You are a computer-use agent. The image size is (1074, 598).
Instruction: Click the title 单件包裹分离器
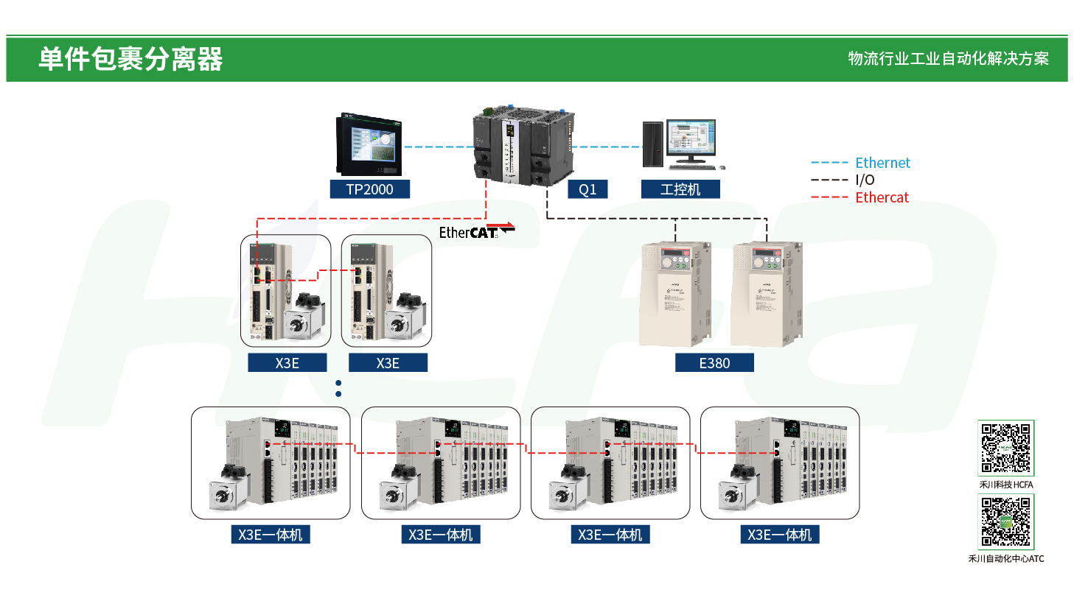coord(130,59)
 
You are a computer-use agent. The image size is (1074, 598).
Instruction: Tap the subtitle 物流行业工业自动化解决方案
coord(948,59)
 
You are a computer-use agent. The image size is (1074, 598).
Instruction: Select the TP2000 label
coord(369,189)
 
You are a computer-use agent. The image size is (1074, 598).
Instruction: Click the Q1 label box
coord(587,189)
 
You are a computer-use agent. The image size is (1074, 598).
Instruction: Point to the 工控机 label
coord(680,189)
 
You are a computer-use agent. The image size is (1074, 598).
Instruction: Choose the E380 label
coord(714,362)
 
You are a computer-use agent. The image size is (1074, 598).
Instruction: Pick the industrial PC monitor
coord(691,138)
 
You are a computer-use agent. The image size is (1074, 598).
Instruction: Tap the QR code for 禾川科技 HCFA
coord(1005,448)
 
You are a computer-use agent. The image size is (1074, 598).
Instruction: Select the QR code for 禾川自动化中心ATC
coord(1005,522)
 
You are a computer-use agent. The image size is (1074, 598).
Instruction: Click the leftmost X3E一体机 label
coord(270,535)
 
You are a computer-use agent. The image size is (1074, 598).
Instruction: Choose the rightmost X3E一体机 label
coord(779,535)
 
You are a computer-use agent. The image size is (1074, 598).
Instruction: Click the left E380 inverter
coord(669,295)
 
